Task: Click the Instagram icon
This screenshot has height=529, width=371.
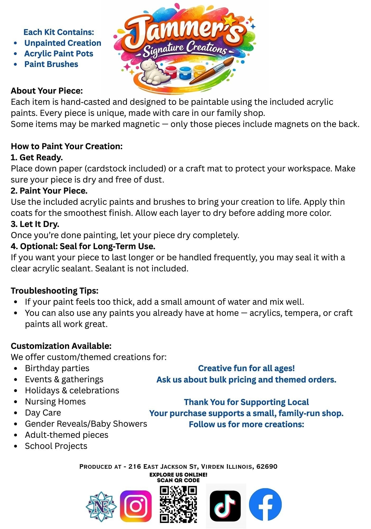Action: [136, 506]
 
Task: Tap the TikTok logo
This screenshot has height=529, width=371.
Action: [225, 506]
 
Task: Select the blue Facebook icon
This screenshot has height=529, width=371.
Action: [265, 504]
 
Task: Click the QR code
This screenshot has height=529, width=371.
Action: [178, 504]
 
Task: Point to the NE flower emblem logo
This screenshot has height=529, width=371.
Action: [101, 507]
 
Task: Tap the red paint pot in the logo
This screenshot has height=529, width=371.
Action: [171, 72]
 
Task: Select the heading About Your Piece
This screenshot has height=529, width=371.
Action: [47, 91]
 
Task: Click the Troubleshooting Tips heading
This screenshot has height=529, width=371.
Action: [54, 291]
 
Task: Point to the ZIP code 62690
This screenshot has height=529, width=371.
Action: [267, 466]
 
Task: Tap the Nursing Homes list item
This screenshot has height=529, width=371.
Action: [55, 402]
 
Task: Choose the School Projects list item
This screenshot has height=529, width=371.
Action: [56, 446]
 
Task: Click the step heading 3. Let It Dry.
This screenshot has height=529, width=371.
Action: [35, 224]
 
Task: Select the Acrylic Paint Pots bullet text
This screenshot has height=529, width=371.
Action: [59, 54]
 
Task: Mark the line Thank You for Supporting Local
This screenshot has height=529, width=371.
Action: [246, 402]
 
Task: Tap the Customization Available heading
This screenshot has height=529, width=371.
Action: [61, 346]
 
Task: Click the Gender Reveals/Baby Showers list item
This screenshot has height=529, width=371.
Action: [86, 424]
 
